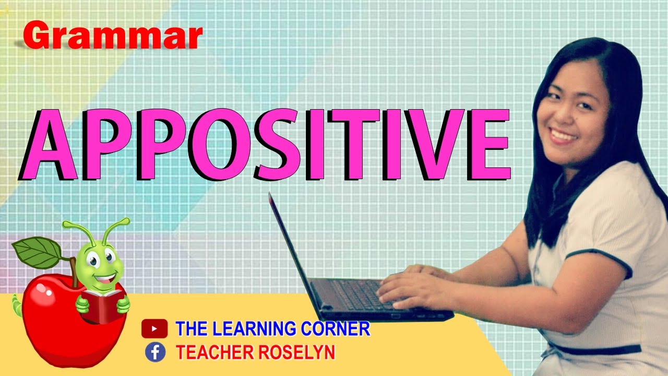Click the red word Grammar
[112, 37]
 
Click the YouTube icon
[154, 329]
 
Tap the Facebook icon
[155, 352]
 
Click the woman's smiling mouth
[563, 136]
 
